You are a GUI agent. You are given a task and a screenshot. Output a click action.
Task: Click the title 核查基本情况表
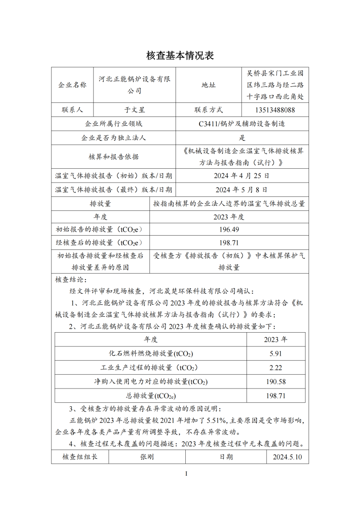(180, 55)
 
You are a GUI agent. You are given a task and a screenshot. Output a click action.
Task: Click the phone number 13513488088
(275, 109)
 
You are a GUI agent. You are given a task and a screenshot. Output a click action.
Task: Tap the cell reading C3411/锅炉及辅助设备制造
(242, 124)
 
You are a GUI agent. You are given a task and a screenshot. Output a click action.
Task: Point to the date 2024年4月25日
(242, 175)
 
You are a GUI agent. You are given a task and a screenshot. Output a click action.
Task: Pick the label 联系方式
(208, 109)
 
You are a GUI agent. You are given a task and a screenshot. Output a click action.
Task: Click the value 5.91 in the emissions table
(275, 354)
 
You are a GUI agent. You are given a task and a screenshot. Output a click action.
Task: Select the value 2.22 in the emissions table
(275, 367)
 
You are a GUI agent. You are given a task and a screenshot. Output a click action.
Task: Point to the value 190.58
(275, 381)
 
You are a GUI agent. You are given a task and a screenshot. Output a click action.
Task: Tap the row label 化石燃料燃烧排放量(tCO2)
(151, 354)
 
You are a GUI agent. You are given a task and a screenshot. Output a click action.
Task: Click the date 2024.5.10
(287, 457)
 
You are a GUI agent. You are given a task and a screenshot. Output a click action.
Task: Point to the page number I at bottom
(186, 474)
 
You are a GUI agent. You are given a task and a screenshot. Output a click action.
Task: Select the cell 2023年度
(229, 217)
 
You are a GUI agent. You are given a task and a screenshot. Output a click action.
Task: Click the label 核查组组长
(80, 457)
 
